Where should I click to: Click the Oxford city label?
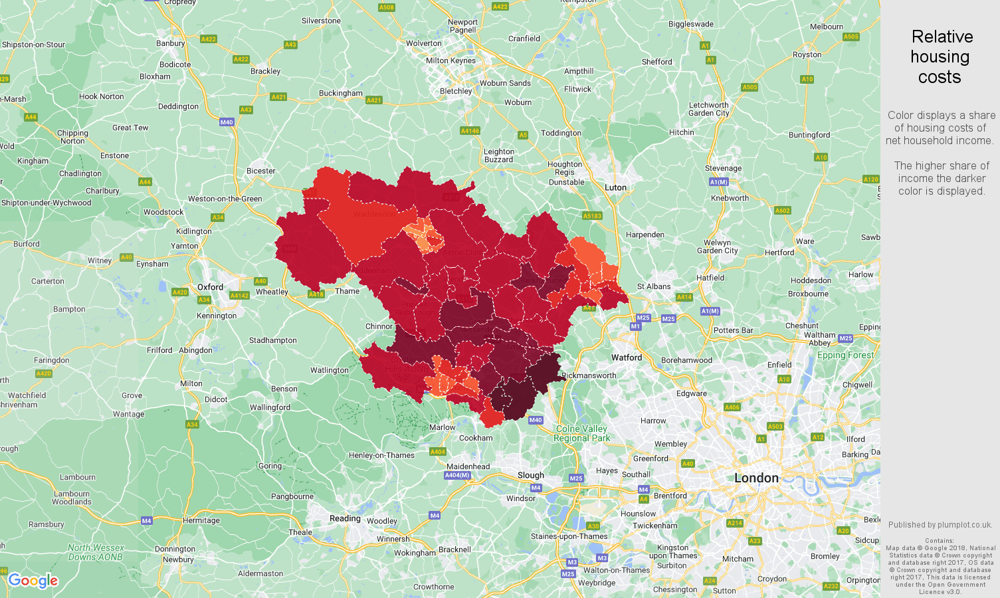coord(210,287)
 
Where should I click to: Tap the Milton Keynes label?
coord(450,60)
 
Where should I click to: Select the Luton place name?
coord(615,187)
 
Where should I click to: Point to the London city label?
coord(756,478)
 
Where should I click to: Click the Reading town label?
coord(345,518)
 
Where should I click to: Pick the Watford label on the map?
coord(627,357)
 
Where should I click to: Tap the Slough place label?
coord(530,475)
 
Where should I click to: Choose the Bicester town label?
coord(260,171)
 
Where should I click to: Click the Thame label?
coord(347,291)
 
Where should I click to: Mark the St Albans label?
coord(654,286)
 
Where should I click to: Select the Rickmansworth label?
coord(589,375)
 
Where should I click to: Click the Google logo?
coord(33,581)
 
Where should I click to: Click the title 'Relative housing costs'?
coord(940,57)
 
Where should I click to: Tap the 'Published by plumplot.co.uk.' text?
coord(940,525)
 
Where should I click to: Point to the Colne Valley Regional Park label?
coord(581,433)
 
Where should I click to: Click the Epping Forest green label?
coord(845,355)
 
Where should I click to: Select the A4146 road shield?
coord(470,131)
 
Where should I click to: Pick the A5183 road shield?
coord(592,216)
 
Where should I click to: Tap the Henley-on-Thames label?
coord(381,455)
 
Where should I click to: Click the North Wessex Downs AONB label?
coord(96,552)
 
